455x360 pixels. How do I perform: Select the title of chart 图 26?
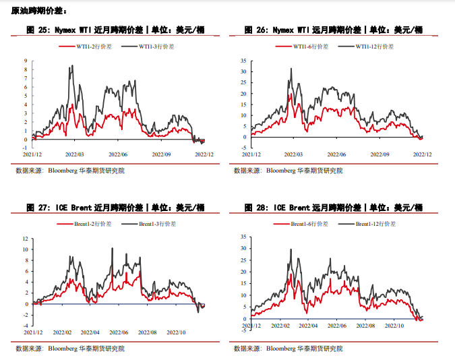coord(332,30)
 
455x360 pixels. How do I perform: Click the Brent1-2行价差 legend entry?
coord(90,223)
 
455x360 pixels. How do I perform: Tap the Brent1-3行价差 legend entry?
coord(157,223)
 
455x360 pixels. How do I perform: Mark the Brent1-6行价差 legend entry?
coord(307,223)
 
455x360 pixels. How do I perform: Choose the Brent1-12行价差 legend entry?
coord(377,223)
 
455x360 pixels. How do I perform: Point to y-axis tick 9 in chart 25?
coord(25,60)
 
